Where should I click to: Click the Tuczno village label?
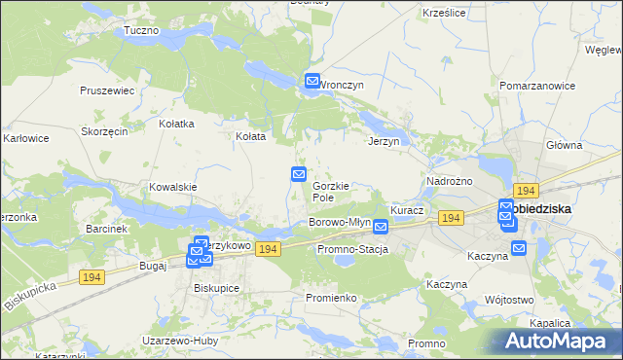click(x=141, y=31)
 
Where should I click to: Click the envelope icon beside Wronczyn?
click(x=312, y=82)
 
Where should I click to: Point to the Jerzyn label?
click(x=385, y=141)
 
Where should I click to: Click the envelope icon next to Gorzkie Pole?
click(x=300, y=174)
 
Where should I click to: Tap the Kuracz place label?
click(x=407, y=210)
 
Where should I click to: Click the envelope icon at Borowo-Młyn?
click(x=381, y=227)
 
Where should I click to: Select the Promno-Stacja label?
click(x=352, y=250)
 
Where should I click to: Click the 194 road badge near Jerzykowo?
click(x=270, y=249)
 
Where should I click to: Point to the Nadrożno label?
click(x=450, y=182)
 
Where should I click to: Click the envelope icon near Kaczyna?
click(x=518, y=248)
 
